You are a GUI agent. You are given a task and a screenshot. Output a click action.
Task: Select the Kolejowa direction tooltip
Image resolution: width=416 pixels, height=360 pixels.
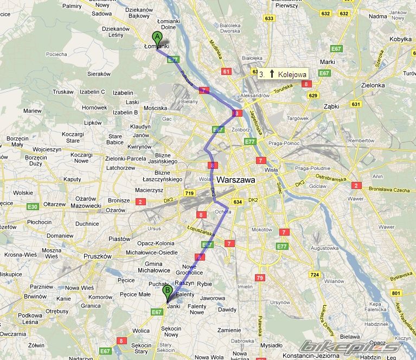pyautogui.click(x=281, y=74)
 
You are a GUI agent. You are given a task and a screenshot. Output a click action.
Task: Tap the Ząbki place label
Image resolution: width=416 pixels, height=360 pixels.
pyautogui.click(x=332, y=107)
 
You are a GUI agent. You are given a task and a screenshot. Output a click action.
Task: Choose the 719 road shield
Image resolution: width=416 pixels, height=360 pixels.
pyautogui.click(x=189, y=193)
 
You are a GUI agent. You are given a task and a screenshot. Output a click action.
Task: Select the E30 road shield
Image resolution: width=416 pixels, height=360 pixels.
pyautogui.click(x=33, y=206)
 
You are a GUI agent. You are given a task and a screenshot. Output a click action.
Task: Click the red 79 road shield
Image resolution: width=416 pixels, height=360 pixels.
pyautogui.click(x=260, y=278)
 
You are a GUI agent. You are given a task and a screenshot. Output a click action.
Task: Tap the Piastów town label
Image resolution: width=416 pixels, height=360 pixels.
pyautogui.click(x=120, y=238)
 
